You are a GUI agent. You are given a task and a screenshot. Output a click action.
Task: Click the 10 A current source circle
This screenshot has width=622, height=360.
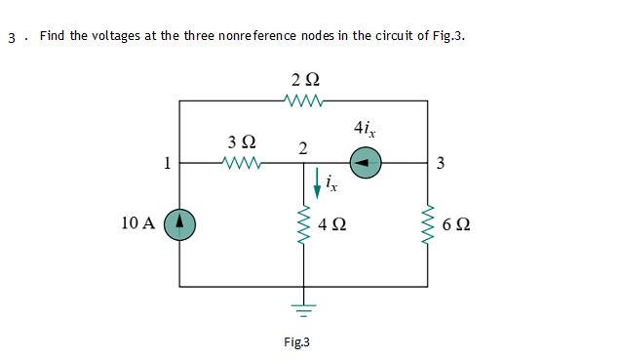(x=180, y=223)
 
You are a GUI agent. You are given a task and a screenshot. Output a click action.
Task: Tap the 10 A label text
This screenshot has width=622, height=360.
(x=138, y=223)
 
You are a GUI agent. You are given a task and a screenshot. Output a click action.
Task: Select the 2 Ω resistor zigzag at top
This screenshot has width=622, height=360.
(x=304, y=99)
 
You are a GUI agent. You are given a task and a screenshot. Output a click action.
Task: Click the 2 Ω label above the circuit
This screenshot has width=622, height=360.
(x=304, y=78)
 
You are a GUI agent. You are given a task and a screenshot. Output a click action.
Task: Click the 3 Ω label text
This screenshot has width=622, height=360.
(x=241, y=142)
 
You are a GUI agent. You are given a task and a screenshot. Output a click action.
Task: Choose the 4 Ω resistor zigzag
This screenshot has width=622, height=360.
(x=304, y=225)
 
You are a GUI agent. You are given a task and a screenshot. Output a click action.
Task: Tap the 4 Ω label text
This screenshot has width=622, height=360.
(x=332, y=225)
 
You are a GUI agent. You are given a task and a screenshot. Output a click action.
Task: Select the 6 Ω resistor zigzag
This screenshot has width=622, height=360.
(x=427, y=225)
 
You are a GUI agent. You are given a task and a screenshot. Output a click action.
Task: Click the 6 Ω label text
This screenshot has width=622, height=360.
(x=455, y=225)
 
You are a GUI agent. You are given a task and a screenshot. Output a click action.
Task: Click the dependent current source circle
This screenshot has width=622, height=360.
(x=366, y=162)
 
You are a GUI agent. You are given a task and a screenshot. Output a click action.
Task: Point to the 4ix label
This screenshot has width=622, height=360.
(x=365, y=129)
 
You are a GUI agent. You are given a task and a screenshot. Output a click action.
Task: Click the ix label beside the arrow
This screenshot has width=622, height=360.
(x=331, y=182)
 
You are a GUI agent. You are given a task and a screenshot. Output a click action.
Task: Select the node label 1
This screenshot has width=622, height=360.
(x=167, y=163)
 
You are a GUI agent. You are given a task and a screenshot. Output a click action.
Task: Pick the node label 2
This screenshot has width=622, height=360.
(x=303, y=148)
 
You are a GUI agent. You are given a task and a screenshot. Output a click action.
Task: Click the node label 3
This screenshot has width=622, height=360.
(x=441, y=163)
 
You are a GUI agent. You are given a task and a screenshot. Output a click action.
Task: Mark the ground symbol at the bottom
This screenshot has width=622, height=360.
(x=304, y=310)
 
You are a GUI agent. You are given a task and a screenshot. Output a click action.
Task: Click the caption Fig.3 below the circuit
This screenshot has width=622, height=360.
(x=295, y=342)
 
